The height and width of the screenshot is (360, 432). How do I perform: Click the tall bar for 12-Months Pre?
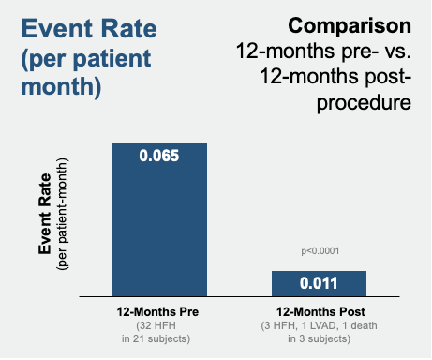159,225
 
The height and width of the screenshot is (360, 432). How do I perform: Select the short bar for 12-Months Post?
319,283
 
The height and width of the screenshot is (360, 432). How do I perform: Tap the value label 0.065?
159,156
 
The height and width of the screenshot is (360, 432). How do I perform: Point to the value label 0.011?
319,282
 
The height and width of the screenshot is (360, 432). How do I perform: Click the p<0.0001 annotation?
319,251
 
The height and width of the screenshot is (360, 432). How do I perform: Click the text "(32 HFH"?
159,325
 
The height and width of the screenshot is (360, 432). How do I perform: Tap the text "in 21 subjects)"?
159,337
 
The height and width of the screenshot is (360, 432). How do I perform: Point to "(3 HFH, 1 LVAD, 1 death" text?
319,325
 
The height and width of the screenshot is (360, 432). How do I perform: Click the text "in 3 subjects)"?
319,337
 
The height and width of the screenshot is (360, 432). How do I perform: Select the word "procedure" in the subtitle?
363,101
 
